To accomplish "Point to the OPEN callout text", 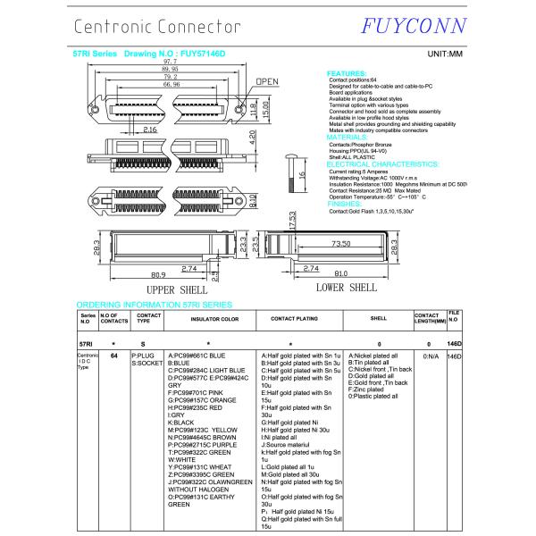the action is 268,81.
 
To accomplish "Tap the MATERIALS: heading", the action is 349,137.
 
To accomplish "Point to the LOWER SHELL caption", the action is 347,288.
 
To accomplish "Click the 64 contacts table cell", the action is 113,356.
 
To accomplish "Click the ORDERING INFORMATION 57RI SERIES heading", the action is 153,306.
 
